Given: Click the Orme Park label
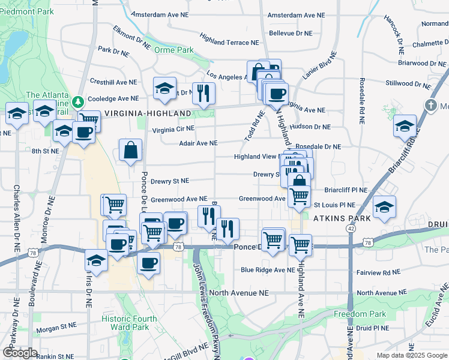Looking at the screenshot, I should coord(174,50).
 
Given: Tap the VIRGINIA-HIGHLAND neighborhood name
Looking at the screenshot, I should coord(148,113).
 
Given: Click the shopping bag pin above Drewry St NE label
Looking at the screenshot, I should coord(130,151).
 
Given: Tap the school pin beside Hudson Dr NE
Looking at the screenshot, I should coord(405,126).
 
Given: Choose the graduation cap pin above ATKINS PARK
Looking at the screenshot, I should coord(384,207).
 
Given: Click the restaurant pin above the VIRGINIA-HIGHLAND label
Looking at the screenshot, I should coord(204,93).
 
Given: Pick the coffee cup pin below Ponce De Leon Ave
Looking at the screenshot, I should coord(148,262).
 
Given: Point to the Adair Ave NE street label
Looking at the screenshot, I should coord(198,143).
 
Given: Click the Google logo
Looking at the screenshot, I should coord(20,353).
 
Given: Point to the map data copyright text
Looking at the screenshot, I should coord(411,355).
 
